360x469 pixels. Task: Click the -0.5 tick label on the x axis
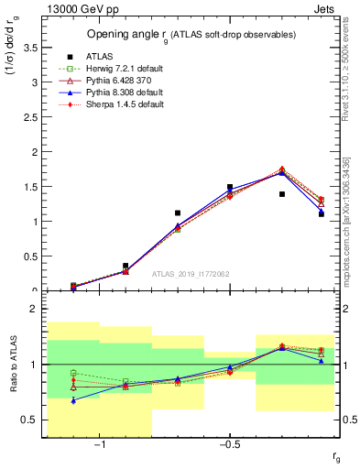(x=229, y=446)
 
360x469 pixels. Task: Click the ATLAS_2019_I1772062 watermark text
(x=190, y=273)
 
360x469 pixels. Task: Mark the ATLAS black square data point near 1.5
(x=230, y=187)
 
